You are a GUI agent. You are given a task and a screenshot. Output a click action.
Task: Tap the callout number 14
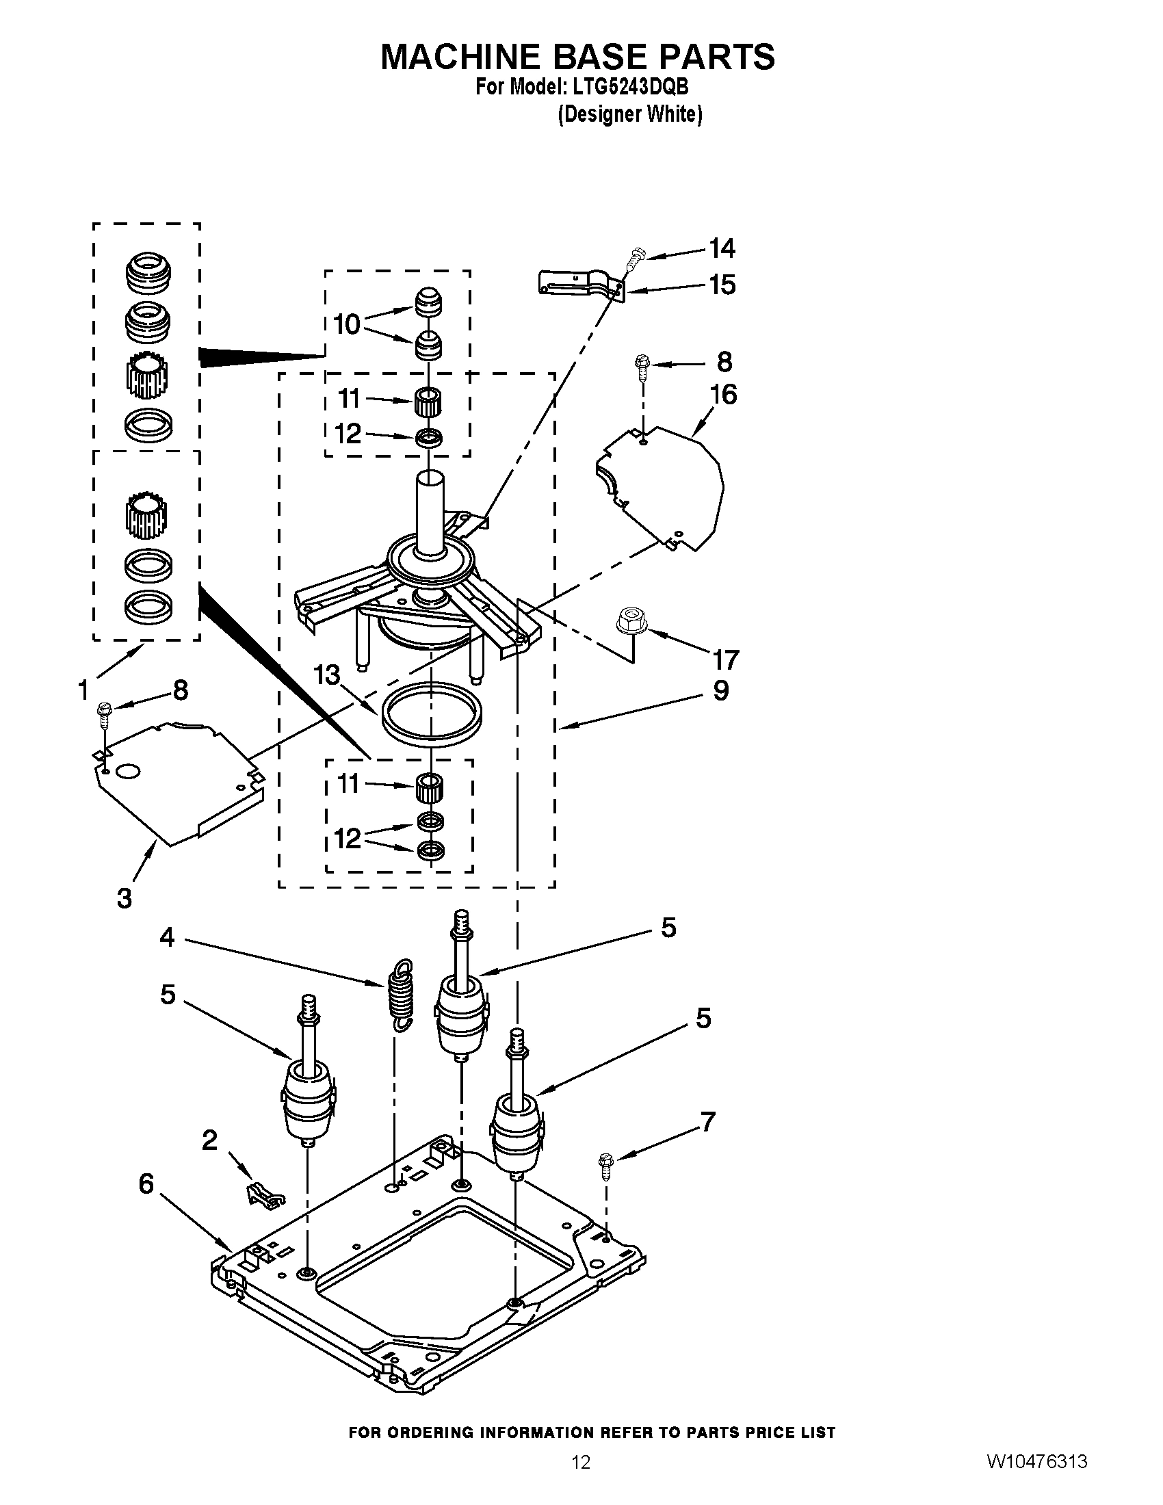722,248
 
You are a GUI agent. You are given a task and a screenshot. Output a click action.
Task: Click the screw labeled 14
633,260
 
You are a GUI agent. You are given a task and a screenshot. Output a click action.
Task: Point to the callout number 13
327,675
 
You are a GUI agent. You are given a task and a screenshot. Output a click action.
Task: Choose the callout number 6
146,1183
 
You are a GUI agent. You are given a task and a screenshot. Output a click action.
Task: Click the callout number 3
124,898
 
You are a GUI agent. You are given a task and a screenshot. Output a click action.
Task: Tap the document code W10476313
1037,1478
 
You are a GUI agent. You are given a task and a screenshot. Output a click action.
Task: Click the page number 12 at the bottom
581,1479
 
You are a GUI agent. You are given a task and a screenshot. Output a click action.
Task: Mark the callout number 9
720,690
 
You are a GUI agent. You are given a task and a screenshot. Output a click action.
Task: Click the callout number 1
83,689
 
